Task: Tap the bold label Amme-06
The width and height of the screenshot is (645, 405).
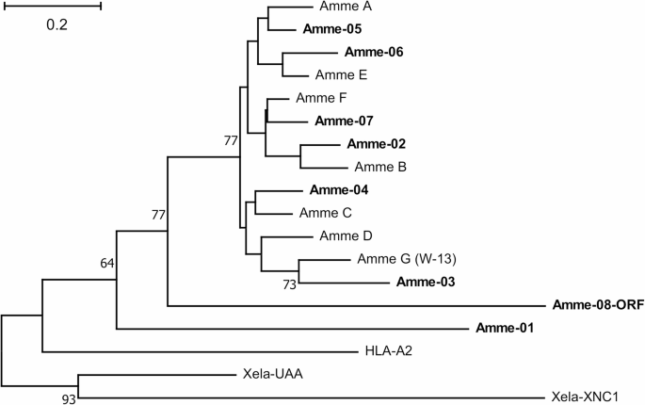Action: coord(374,52)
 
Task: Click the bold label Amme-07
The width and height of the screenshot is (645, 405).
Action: coord(344,121)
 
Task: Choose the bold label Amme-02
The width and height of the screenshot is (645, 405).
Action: coord(376,144)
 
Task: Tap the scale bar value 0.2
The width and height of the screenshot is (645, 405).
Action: coord(57,24)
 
